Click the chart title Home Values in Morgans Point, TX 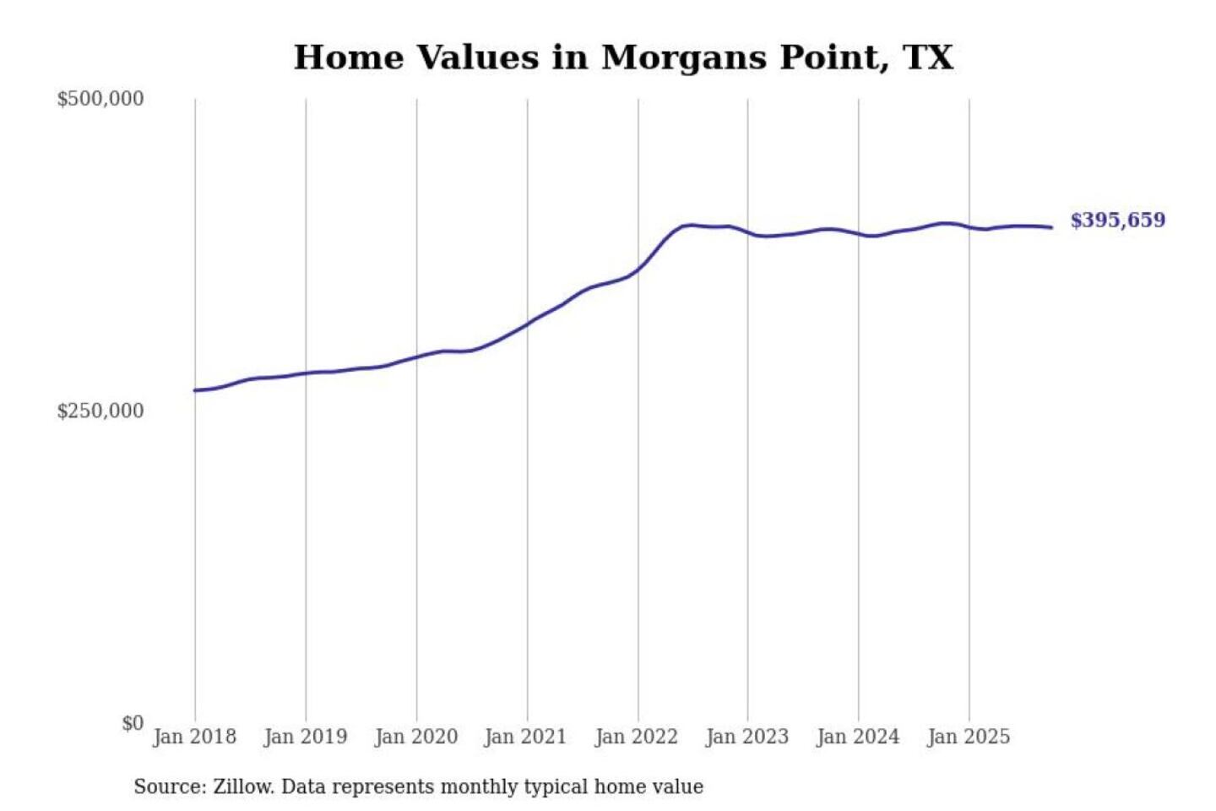coord(623,57)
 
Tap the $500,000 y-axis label coord(100,99)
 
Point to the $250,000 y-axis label coord(100,411)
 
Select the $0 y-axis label coord(133,723)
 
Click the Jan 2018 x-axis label coord(194,737)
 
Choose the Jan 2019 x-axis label coord(305,737)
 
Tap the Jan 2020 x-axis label coord(415,737)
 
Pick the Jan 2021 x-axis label coord(525,737)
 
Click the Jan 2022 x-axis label coord(636,737)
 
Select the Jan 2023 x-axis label coord(746,737)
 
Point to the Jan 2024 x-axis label coord(858,737)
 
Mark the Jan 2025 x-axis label coord(968,737)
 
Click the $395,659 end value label coord(1117,220)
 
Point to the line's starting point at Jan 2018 coord(195,390)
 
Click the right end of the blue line coord(1051,227)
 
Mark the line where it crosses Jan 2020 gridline coord(416,357)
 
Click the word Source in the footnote coord(167,787)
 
